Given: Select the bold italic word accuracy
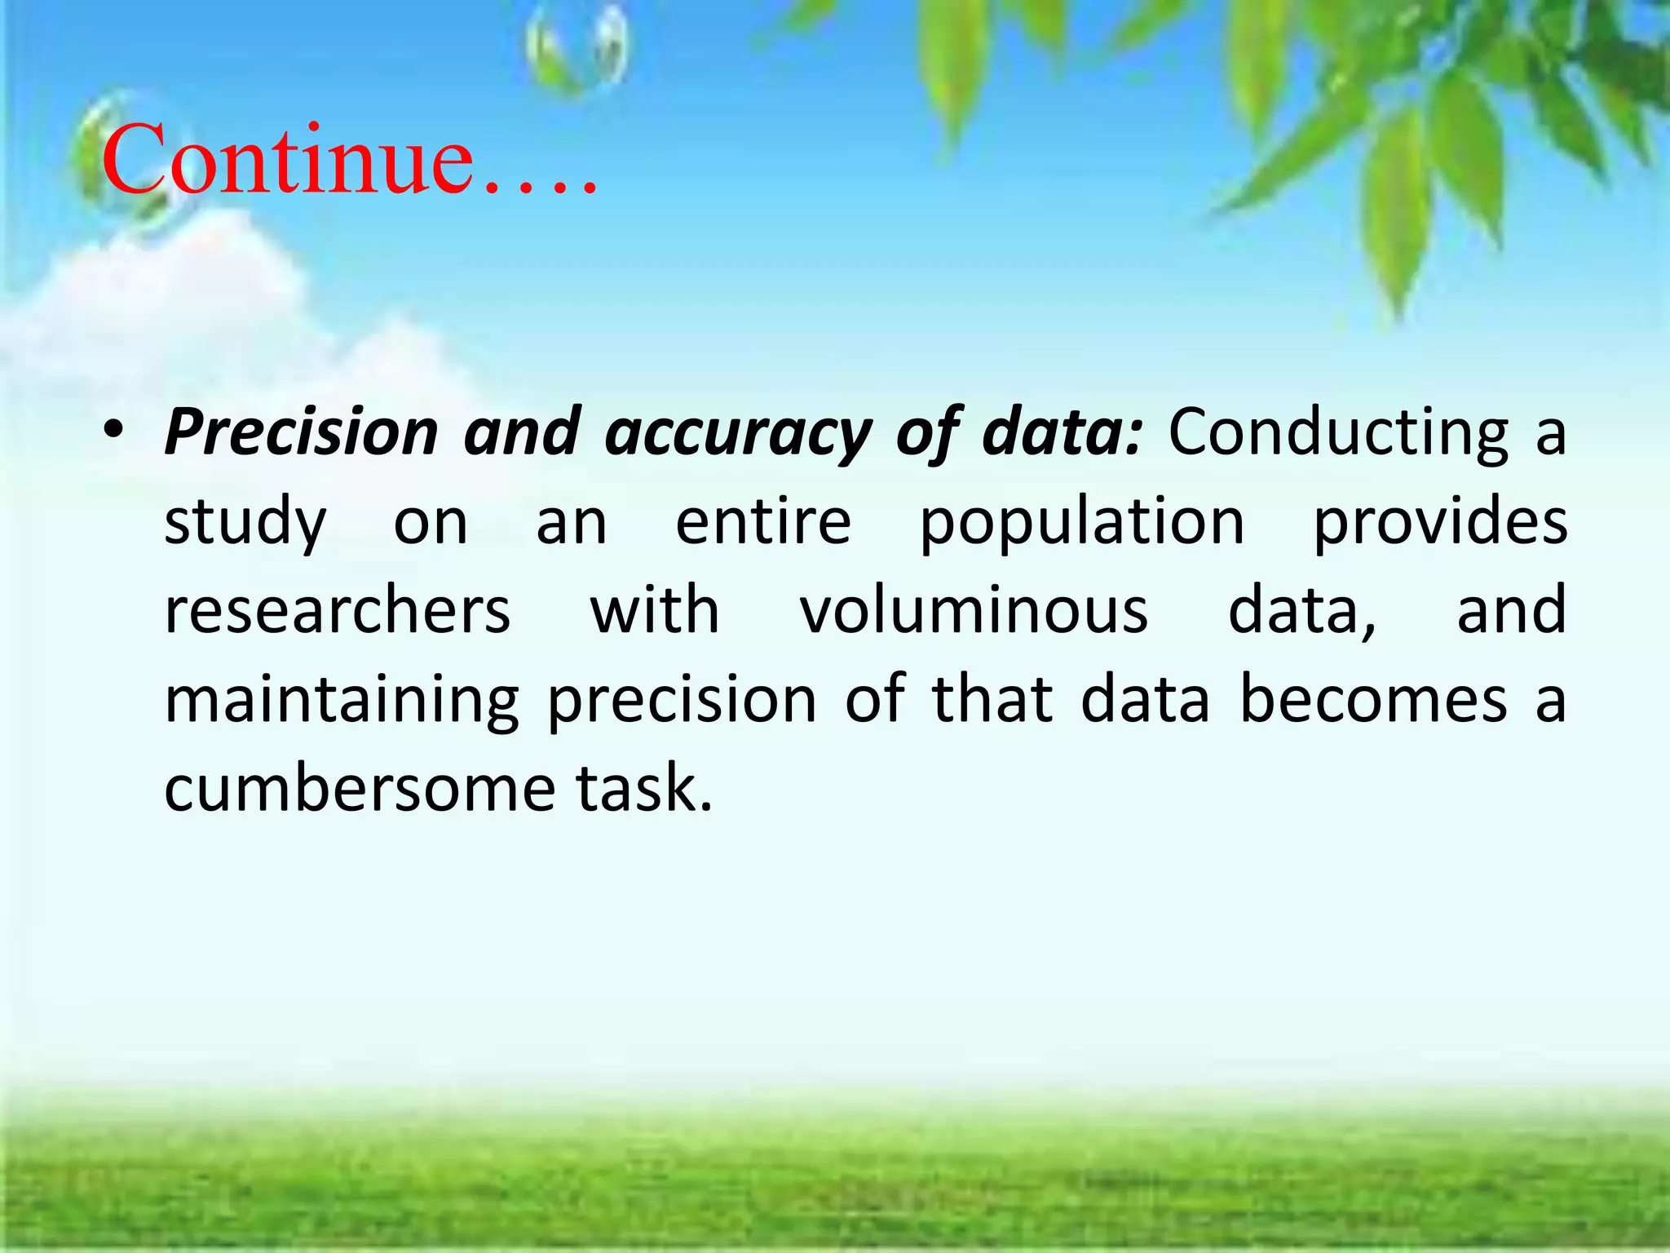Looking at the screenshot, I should click(x=737, y=432).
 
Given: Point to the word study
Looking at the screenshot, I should click(x=245, y=523).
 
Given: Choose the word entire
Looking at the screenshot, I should click(x=763, y=521).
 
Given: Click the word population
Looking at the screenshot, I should click(x=1082, y=523).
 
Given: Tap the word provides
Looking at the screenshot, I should click(x=1439, y=523).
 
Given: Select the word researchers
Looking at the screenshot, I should click(x=338, y=610).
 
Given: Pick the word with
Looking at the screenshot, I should click(x=655, y=609).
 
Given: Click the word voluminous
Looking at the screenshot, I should click(x=974, y=610).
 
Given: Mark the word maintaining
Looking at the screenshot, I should click(x=342, y=701).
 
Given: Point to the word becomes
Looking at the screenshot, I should click(x=1373, y=699).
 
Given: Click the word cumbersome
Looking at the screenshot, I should click(x=360, y=788).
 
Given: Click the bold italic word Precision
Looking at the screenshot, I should click(x=302, y=432).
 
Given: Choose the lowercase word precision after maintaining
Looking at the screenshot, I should click(x=682, y=701).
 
